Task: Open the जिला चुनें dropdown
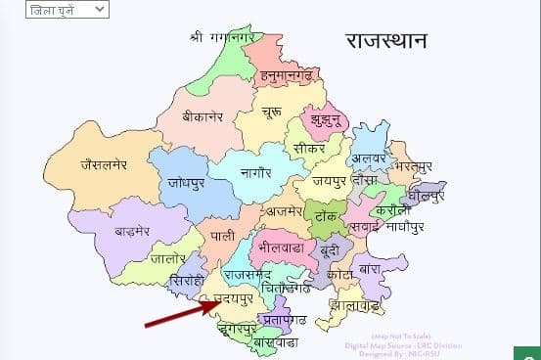coord(67,10)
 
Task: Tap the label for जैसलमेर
coord(91,164)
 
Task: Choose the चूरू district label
coord(272,114)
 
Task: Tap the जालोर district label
coord(169,259)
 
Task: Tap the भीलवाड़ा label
coord(278,249)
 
